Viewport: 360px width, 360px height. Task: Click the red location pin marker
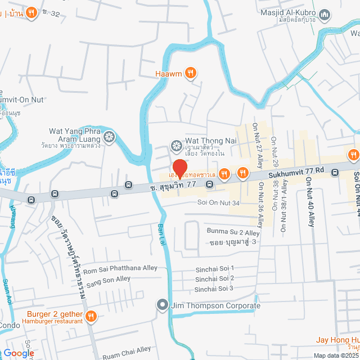(179, 168)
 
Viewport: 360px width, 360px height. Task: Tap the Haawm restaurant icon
(191, 72)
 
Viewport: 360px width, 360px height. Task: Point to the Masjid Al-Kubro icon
(324, 14)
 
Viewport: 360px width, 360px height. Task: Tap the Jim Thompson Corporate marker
(163, 305)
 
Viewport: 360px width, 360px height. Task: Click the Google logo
(19, 353)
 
